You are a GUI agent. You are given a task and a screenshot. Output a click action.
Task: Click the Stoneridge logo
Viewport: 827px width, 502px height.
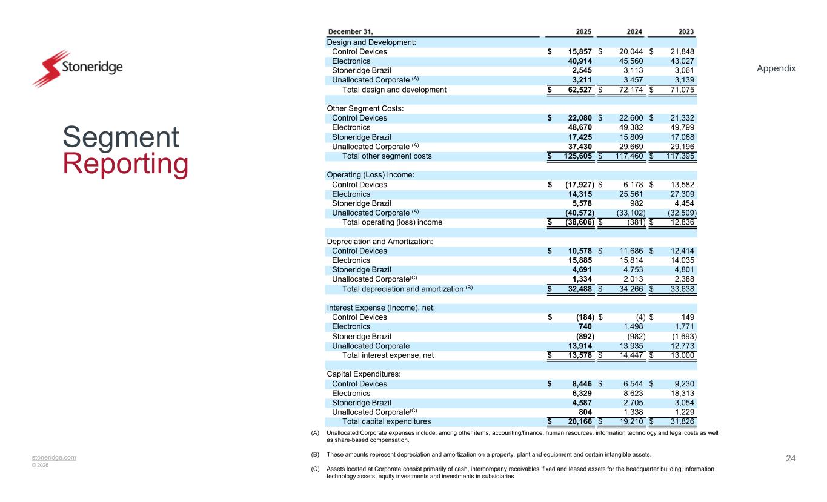[77, 68]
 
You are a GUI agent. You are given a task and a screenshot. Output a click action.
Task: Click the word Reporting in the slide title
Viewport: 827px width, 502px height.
[125, 165]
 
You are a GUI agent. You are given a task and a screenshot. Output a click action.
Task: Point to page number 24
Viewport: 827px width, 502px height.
[791, 458]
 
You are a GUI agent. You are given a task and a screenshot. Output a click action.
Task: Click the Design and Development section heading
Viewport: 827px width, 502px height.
[371, 42]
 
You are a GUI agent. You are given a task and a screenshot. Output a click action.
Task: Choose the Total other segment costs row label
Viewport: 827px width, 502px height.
[387, 156]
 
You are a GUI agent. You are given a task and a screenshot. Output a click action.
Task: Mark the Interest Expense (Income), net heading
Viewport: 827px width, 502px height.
[380, 308]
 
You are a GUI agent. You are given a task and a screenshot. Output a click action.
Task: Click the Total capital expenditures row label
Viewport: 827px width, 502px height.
[387, 421]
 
